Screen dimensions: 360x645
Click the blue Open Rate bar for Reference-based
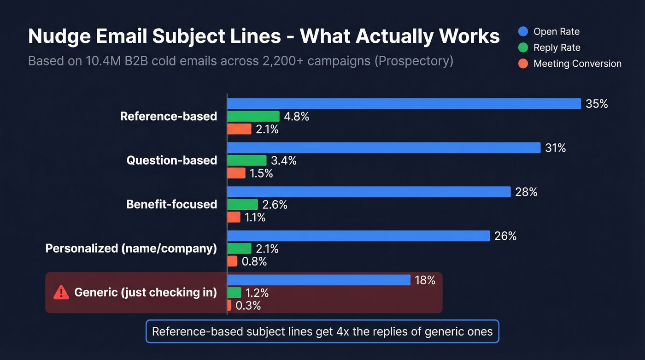click(x=404, y=104)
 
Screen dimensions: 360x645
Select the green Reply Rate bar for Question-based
click(x=246, y=160)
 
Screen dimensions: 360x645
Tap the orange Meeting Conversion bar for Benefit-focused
click(x=234, y=217)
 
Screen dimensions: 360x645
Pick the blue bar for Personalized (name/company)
click(x=358, y=236)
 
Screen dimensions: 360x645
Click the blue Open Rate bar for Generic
click(x=318, y=280)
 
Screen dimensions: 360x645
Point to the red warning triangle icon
click(x=61, y=292)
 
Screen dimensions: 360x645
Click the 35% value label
click(x=597, y=104)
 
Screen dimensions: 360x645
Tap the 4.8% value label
click(x=296, y=117)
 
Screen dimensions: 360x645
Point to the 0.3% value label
click(x=248, y=306)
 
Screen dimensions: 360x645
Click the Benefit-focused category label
click(x=171, y=204)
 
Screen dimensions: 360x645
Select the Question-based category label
click(x=171, y=160)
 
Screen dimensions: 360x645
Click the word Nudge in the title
click(x=59, y=36)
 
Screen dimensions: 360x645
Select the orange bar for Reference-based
click(x=239, y=129)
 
